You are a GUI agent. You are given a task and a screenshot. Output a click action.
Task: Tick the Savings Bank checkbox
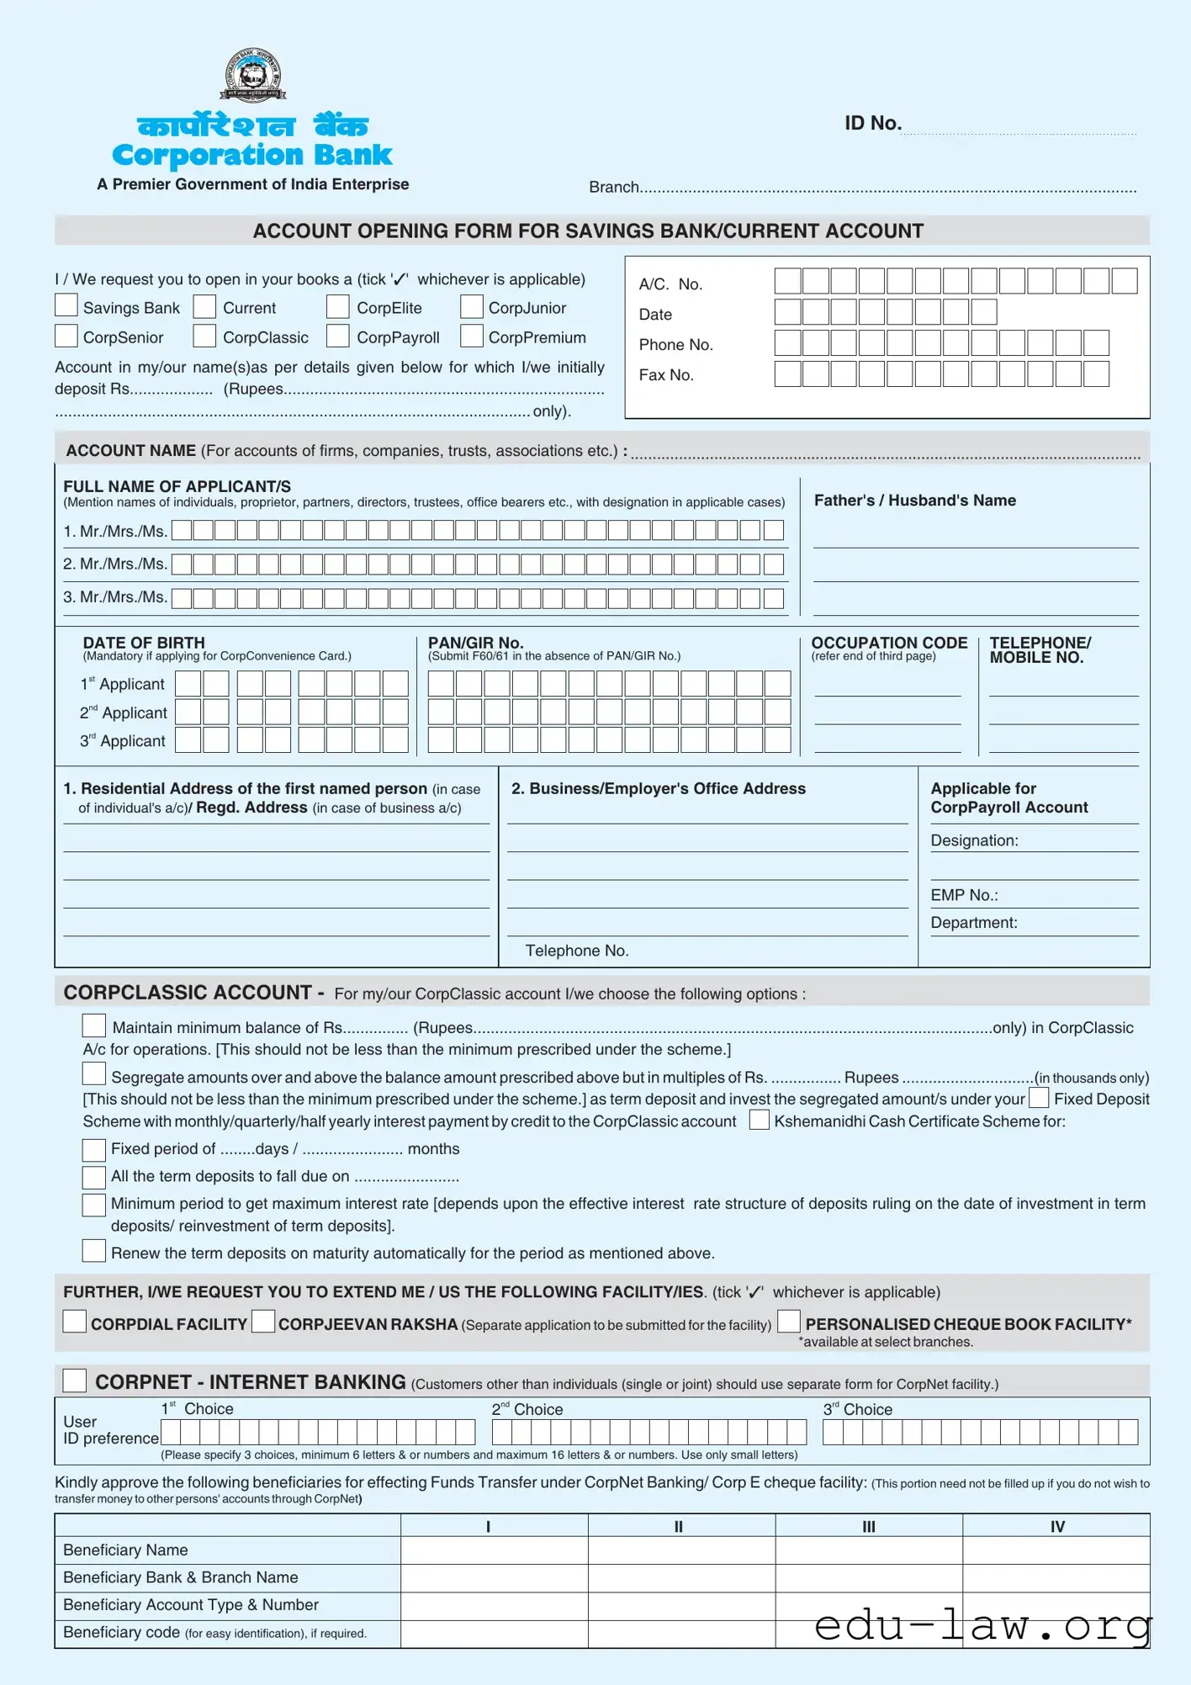click(66, 305)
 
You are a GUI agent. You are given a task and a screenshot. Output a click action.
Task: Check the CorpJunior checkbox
click(472, 306)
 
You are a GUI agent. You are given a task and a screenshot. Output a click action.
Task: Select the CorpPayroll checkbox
click(338, 336)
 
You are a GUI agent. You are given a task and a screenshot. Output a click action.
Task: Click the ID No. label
click(872, 124)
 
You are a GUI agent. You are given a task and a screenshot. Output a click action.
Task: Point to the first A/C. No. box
click(787, 281)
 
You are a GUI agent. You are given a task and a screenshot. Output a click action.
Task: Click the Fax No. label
click(665, 375)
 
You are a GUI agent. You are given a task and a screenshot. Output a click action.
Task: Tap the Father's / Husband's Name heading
click(914, 501)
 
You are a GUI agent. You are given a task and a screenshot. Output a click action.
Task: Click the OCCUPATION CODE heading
click(889, 643)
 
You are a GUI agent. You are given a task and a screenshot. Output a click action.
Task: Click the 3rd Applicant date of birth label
click(123, 741)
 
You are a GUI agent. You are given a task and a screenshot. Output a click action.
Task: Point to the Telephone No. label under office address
click(577, 951)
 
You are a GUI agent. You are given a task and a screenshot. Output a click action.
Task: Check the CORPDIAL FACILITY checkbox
click(75, 1322)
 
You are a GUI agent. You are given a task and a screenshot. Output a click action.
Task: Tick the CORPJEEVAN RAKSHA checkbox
click(263, 1322)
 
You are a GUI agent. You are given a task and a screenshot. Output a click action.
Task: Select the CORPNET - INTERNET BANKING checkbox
click(75, 1380)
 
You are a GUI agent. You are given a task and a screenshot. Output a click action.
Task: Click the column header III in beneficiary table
click(868, 1526)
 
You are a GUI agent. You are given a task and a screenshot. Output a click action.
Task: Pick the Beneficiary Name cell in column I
click(494, 1550)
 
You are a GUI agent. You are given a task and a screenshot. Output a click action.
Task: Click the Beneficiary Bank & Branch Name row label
click(180, 1577)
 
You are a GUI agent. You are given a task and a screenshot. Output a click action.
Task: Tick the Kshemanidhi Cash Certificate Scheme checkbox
click(759, 1120)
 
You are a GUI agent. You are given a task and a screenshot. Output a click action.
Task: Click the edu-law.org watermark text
click(982, 1624)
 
